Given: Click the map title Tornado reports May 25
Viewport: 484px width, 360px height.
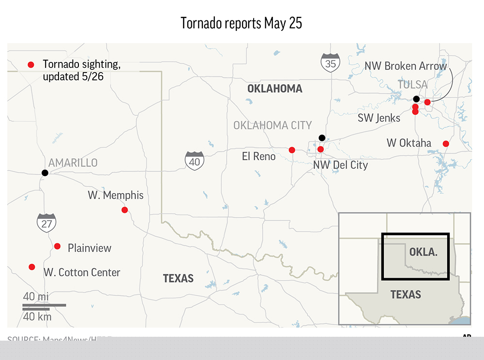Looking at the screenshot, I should (242, 23).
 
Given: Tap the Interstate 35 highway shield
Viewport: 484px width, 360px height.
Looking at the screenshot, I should (331, 63).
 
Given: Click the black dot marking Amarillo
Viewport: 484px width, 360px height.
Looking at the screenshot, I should (45, 173).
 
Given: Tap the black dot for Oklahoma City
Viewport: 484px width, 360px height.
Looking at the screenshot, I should (322, 137).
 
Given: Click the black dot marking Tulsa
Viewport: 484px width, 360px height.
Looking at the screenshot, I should (416, 99).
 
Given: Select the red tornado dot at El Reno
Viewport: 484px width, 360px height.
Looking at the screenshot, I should (292, 150).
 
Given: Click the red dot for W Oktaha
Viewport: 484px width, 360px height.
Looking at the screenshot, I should (446, 144).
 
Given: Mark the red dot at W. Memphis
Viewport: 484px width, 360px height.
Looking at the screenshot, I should (124, 210).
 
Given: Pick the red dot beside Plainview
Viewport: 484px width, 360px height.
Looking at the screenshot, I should (57, 246).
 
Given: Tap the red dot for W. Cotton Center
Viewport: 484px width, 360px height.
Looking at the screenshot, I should (32, 267).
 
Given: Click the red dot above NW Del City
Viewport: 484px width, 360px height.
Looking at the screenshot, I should (320, 150).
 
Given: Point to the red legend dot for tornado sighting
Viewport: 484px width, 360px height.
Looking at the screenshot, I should (31, 64).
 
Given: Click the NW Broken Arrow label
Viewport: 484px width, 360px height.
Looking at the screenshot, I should (406, 66).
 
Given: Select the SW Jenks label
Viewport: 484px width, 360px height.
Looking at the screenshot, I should (379, 118).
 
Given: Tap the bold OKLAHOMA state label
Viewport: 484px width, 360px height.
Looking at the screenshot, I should (274, 89).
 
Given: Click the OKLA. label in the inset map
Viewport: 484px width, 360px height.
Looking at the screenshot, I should (423, 252).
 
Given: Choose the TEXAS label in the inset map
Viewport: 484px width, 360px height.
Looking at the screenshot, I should (406, 294).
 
